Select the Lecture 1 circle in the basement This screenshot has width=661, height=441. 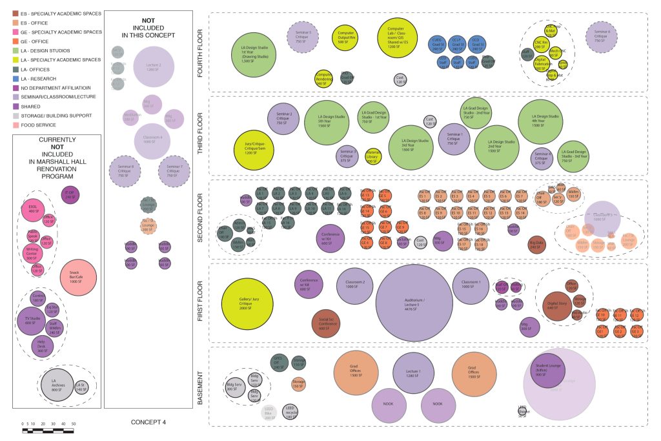pyautogui.click(x=413, y=373)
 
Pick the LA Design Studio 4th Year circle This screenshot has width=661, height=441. pyautogui.click(x=540, y=121)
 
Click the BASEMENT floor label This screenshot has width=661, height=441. pyautogui.click(x=200, y=385)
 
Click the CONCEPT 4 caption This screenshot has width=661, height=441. pyautogui.click(x=148, y=423)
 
